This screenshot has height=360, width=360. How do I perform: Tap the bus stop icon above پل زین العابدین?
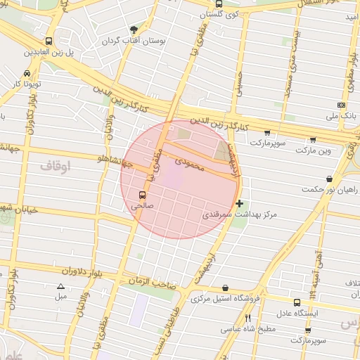(x=48, y=41)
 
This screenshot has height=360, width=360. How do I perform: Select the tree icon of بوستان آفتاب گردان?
(x=134, y=30)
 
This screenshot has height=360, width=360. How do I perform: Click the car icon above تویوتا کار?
(x=27, y=73)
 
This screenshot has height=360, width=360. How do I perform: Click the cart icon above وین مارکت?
(x=312, y=140)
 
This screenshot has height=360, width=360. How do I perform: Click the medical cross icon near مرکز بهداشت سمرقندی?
(x=240, y=203)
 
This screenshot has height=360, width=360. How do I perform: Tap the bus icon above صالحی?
(x=143, y=195)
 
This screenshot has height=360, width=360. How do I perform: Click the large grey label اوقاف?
(x=54, y=167)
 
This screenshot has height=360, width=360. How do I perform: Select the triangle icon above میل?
(x=60, y=286)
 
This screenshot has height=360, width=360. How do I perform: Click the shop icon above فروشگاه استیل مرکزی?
(x=224, y=288)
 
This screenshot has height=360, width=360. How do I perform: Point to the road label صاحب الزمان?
(x=150, y=280)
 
